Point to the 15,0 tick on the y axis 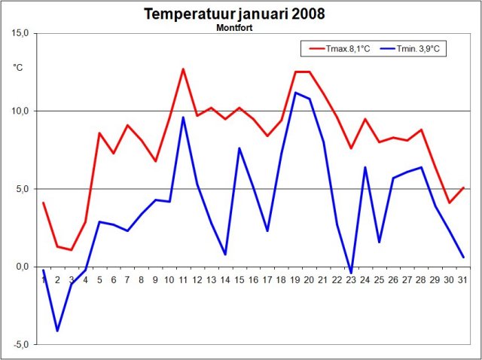tap(20, 34)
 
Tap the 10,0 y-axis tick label tap(20, 111)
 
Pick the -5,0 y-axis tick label tap(20, 345)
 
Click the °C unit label tap(18, 68)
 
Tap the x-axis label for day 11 tap(182, 280)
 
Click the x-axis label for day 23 tap(351, 280)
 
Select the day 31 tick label tap(463, 280)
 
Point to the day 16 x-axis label tap(253, 280)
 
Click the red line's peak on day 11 tap(183, 69)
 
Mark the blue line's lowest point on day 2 tap(57, 331)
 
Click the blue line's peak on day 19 tap(295, 93)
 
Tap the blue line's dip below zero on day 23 tap(351, 273)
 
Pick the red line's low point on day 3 tap(72, 249)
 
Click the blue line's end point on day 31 tap(463, 258)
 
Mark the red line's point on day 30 tap(449, 203)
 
